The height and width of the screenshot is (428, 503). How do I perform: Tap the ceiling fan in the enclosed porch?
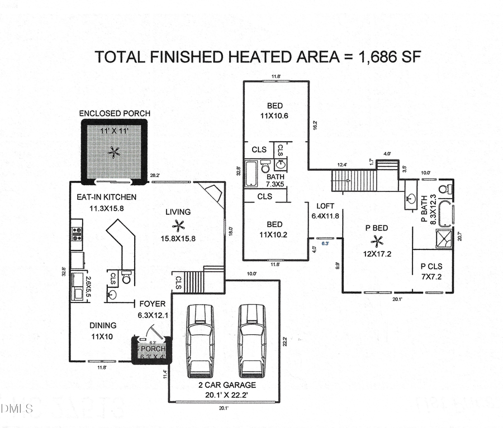[115, 152]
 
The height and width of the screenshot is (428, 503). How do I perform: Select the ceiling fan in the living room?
[178, 225]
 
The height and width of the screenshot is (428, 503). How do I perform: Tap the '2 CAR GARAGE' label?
[227, 385]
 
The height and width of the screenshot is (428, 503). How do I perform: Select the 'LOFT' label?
[325, 206]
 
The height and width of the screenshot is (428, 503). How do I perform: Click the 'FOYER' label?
[152, 304]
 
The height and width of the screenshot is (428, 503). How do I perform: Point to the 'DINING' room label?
[103, 325]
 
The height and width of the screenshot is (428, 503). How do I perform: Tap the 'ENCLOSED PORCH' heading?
[115, 113]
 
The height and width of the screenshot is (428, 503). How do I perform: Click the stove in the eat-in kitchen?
[76, 233]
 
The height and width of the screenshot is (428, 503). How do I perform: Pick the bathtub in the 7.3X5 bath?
[251, 173]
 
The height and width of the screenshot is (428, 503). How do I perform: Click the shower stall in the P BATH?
[444, 238]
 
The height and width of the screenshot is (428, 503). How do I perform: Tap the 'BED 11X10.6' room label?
[274, 110]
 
